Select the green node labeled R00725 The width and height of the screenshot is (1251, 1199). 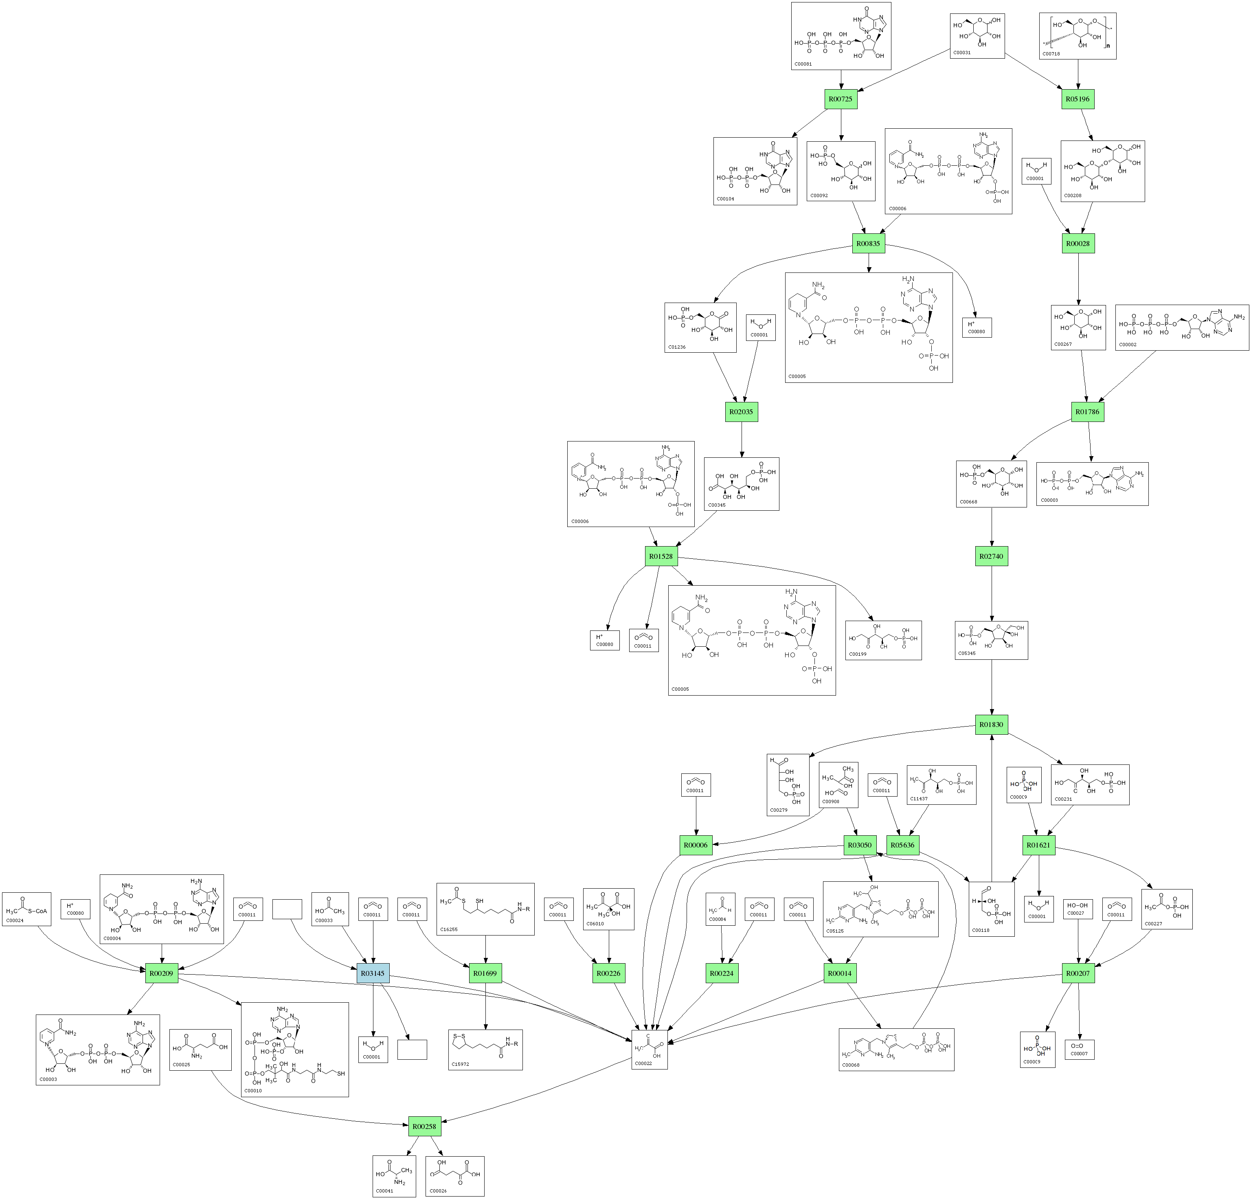[840, 99]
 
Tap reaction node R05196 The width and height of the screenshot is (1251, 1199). [1078, 99]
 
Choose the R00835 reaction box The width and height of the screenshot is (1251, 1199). [869, 243]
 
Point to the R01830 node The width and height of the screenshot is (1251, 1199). [991, 725]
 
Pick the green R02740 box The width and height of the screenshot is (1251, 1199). [991, 556]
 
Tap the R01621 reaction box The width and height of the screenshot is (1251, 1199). [1038, 845]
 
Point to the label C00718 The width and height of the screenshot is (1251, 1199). [1051, 54]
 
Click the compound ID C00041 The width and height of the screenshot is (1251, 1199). [384, 1191]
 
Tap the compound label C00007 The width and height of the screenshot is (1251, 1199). [1079, 1054]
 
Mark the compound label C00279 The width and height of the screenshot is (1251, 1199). [779, 810]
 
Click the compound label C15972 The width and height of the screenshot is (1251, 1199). [460, 1064]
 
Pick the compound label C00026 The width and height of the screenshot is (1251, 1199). [438, 1191]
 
